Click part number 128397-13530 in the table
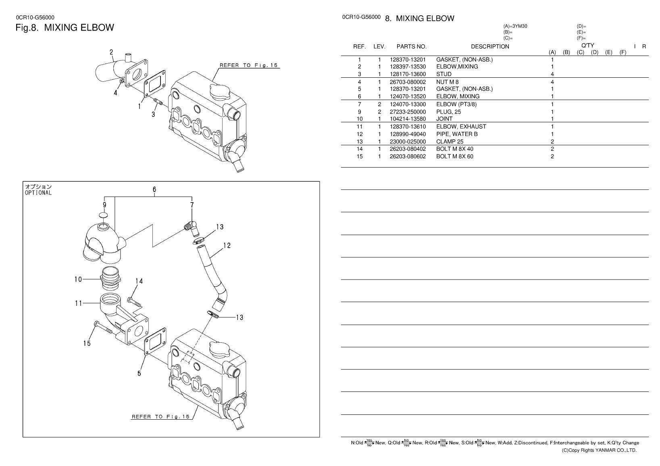(x=408, y=66)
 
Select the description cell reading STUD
(x=443, y=74)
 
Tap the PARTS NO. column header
(x=411, y=46)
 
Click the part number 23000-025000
(x=408, y=142)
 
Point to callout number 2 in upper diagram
(x=111, y=52)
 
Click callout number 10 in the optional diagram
(x=78, y=279)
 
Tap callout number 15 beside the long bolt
(x=87, y=343)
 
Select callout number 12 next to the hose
(x=227, y=245)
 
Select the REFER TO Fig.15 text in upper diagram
(x=248, y=65)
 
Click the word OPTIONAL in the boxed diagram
(x=38, y=193)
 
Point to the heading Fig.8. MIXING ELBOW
(x=65, y=28)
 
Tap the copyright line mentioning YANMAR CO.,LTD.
(x=599, y=450)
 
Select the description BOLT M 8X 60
(x=454, y=157)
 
